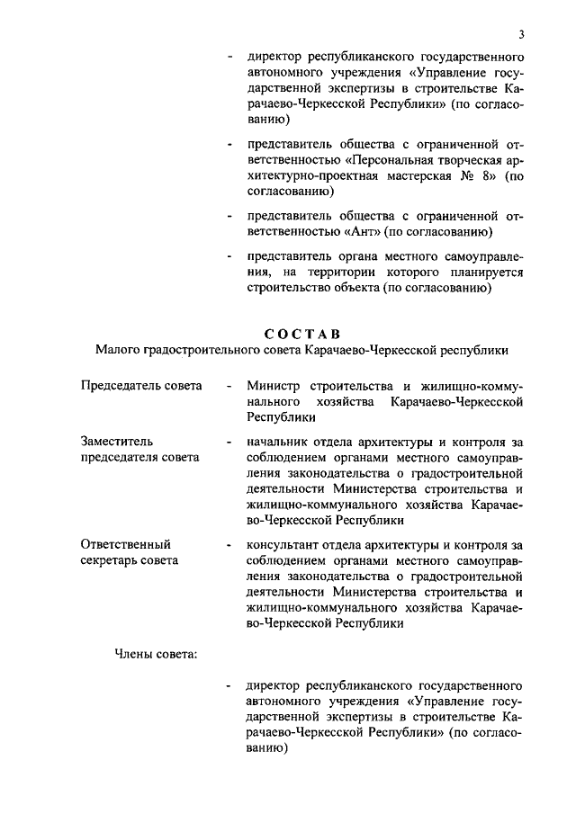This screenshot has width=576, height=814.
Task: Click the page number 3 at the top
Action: point(521,35)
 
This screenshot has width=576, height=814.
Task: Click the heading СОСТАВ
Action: point(303,335)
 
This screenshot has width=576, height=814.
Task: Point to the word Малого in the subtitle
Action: point(118,351)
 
